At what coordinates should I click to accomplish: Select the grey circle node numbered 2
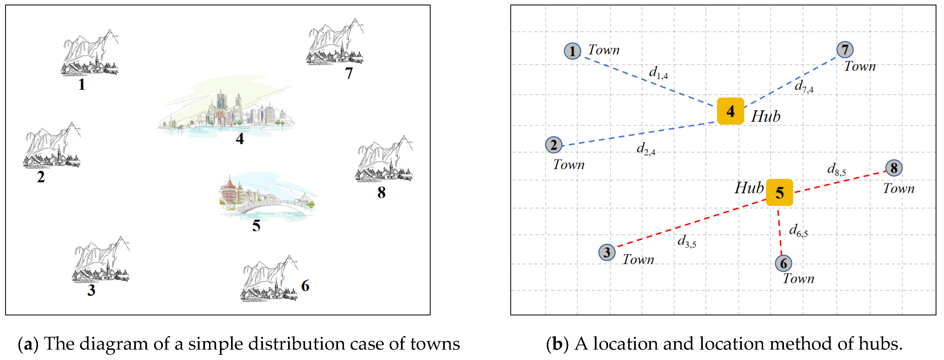click(553, 145)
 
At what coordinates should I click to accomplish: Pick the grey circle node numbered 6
click(784, 263)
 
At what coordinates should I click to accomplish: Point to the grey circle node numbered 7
click(845, 49)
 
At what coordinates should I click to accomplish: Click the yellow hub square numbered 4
click(730, 111)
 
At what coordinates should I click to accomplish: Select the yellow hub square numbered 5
click(779, 192)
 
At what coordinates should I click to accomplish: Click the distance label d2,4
click(646, 149)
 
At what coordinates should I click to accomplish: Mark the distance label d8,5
click(837, 170)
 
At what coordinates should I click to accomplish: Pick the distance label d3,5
click(687, 241)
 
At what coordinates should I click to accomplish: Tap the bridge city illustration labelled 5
click(267, 198)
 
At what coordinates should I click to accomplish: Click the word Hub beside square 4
click(766, 117)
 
